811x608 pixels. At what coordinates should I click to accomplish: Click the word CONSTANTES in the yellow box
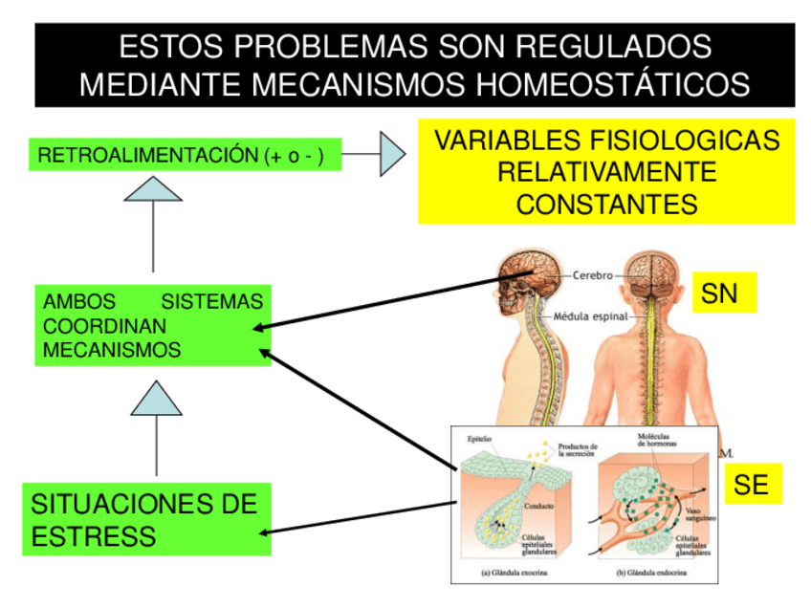point(606,204)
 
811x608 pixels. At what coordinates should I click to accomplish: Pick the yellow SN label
point(724,293)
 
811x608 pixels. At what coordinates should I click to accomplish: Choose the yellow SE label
point(752,485)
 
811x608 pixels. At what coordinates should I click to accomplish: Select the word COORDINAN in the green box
point(92,326)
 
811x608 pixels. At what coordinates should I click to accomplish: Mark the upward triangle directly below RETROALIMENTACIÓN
point(153,188)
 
